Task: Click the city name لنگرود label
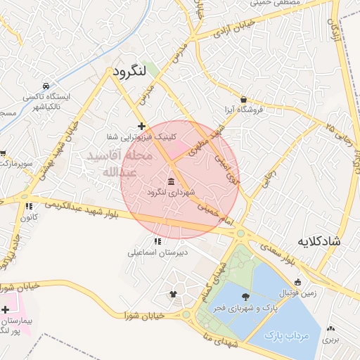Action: (128, 71)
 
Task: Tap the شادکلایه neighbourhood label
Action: (319, 241)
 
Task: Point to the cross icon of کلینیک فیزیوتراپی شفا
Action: (142, 126)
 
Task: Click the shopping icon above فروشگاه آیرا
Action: (243, 100)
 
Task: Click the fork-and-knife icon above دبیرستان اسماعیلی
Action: (157, 242)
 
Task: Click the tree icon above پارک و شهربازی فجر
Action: (245, 297)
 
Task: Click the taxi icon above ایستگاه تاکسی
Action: (46, 85)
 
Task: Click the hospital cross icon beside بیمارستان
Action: (6, 309)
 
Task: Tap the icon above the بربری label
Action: (330, 328)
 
